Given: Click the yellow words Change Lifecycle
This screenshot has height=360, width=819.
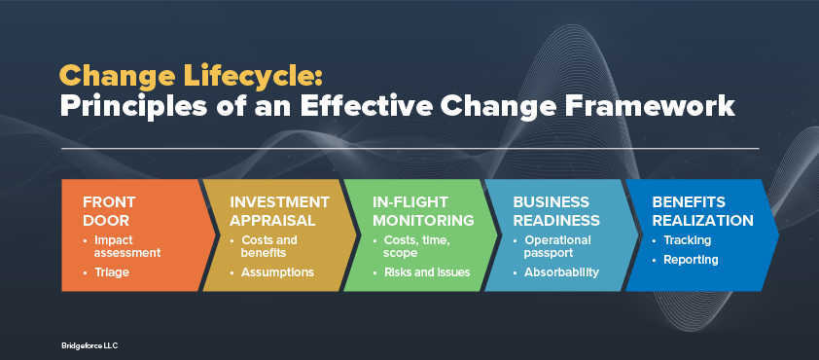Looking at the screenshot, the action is pos(192,76).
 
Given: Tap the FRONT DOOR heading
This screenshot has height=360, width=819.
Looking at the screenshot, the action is pos(109,211).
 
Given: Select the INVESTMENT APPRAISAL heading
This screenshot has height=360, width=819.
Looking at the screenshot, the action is pos(280,211).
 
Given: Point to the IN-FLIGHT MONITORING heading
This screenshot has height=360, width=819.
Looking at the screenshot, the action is pos(423,211).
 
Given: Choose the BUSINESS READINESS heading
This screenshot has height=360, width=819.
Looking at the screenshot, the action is pos(556,211).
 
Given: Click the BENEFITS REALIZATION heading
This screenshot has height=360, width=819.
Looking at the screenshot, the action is pos(702,211).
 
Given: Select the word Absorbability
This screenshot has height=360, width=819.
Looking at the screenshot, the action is pos(561,272).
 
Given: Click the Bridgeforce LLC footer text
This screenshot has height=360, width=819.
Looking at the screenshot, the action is pos(89,345).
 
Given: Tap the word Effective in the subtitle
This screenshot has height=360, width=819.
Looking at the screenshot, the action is pos(365,107).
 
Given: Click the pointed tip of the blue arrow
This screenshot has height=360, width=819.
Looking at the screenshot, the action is pos(779,235).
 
